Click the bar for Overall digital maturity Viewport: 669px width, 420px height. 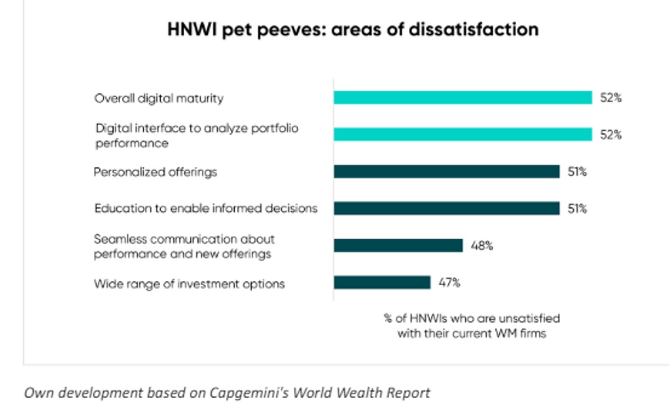point(463,98)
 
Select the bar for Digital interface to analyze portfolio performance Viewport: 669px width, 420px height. point(463,135)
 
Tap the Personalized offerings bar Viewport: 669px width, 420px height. point(447,172)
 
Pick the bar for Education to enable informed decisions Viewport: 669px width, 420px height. point(447,208)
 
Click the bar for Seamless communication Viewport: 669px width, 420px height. point(398,245)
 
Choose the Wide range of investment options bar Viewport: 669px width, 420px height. point(382,282)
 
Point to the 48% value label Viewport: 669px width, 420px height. point(482,245)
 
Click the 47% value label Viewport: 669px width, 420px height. point(449,282)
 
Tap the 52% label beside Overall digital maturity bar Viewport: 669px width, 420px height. point(611,98)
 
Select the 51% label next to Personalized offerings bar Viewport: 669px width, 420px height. point(577,172)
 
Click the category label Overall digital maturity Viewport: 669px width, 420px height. point(158,98)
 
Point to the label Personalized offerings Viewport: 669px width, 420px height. point(155,172)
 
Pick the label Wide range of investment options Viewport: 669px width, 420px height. point(189,284)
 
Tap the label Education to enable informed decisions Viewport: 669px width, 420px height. point(206,208)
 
